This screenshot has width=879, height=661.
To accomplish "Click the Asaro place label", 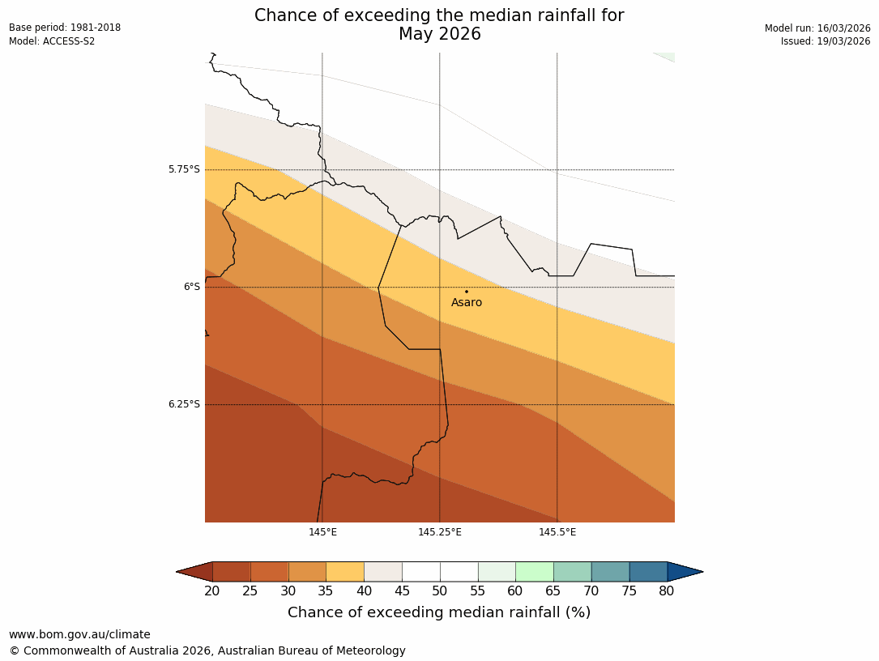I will click(467, 303).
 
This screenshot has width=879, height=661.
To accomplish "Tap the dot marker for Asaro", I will click(466, 292).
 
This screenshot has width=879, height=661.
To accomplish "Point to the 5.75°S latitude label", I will click(184, 169).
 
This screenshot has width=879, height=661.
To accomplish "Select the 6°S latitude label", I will click(191, 287).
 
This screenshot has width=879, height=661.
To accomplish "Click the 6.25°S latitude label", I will click(184, 404).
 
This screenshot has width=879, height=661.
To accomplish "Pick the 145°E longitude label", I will click(322, 532).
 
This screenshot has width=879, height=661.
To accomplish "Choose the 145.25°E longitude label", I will click(440, 532).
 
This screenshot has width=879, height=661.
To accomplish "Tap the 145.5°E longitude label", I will click(557, 532).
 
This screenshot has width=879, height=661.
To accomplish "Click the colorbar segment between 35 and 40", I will click(345, 572).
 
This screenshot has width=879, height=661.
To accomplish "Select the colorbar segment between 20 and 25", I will click(231, 572).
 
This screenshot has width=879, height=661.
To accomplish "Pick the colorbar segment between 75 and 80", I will click(648, 572).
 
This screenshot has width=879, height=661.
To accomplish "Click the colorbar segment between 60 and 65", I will click(535, 572).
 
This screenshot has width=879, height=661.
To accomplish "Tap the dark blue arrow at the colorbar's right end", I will click(685, 572).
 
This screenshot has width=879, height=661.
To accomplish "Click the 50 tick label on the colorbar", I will click(440, 591).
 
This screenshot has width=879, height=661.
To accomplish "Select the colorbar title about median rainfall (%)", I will click(439, 612).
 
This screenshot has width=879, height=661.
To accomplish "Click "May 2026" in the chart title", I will click(439, 34).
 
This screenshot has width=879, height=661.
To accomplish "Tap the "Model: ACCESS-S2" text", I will click(52, 41).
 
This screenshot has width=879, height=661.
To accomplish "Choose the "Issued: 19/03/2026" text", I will click(826, 41).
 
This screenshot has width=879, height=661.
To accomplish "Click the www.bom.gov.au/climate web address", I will click(79, 634).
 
